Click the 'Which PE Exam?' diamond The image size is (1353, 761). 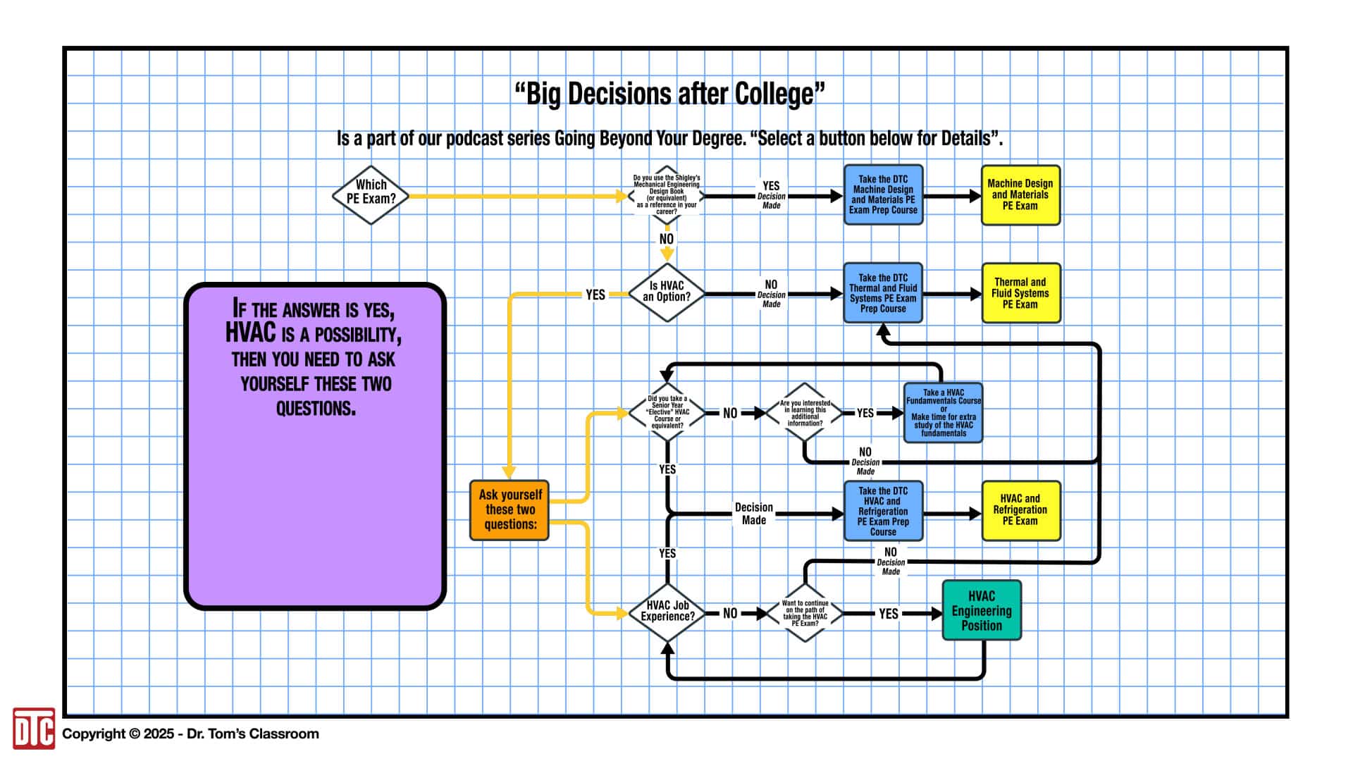tap(371, 195)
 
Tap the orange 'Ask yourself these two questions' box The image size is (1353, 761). tap(509, 510)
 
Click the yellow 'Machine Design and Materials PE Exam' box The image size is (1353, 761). tap(1020, 195)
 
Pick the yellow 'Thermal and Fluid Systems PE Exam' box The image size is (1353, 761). tap(1020, 293)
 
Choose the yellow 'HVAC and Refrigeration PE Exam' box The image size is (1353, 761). tap(1020, 510)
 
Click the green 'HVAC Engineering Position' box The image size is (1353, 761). tap(982, 610)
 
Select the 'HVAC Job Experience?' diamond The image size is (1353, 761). tap(667, 612)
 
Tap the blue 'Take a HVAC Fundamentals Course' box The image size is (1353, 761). tap(943, 413)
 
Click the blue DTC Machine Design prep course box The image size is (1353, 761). tap(883, 195)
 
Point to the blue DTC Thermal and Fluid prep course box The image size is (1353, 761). tap(883, 293)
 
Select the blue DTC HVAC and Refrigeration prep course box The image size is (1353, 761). tap(883, 511)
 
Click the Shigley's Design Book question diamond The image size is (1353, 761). tap(667, 195)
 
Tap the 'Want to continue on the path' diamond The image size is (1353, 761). tap(805, 613)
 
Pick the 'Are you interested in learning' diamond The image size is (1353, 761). tap(805, 413)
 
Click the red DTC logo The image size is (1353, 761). tap(33, 729)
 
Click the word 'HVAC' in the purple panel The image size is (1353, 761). tap(250, 333)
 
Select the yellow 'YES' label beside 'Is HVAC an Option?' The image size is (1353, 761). tap(595, 295)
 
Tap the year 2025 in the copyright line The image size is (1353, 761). tap(159, 734)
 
